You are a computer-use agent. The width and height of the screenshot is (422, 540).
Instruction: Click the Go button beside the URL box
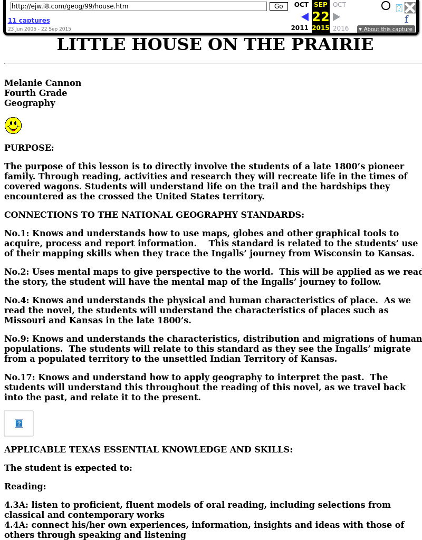[x=279, y=6]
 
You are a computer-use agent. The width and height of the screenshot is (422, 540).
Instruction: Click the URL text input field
[x=138, y=6]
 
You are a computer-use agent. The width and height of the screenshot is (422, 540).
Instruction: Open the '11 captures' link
[x=29, y=21]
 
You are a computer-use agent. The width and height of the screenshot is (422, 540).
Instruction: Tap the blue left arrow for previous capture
[x=304, y=17]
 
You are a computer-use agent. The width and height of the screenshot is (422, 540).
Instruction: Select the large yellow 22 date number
[x=320, y=17]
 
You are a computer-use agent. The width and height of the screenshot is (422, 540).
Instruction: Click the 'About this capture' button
[x=386, y=29]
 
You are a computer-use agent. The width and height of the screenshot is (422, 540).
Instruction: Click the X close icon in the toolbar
[x=410, y=7]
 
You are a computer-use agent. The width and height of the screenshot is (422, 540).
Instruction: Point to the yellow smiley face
[x=13, y=126]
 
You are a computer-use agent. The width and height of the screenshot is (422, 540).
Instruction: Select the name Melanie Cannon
[x=43, y=83]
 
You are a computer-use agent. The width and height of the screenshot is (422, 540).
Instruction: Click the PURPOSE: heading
[x=29, y=148]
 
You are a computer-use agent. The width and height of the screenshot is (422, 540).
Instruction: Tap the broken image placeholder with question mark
[x=19, y=423]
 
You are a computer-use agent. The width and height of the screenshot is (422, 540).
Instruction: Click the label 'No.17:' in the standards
[x=20, y=378]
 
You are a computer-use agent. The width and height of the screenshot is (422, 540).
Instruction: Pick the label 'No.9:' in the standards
[x=17, y=339]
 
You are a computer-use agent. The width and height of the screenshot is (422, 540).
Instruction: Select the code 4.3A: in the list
[x=16, y=505]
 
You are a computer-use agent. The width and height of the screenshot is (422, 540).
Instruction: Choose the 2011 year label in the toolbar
[x=300, y=28]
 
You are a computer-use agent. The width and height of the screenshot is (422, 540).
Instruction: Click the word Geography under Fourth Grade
[x=30, y=103]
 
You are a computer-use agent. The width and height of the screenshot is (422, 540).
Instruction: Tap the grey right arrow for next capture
[x=337, y=17]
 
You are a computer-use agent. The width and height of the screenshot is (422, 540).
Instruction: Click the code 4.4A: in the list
[x=16, y=525]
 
